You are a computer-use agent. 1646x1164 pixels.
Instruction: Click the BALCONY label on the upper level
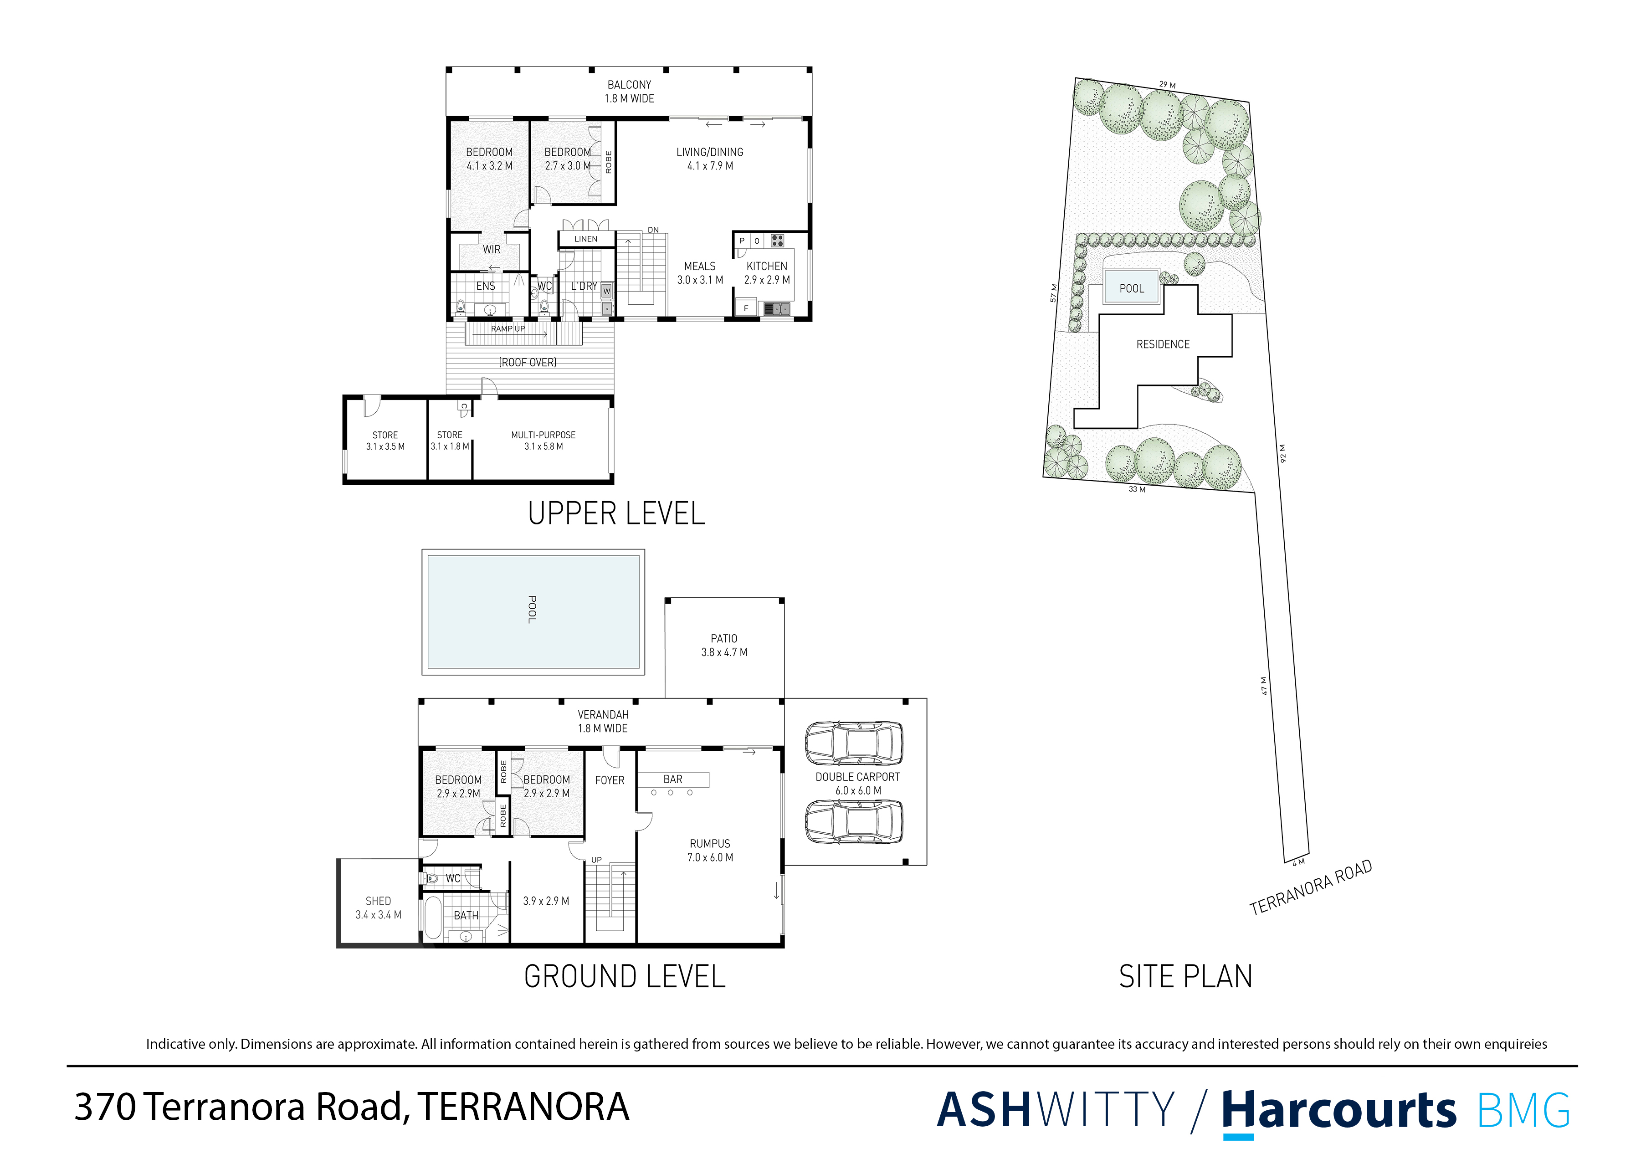(629, 85)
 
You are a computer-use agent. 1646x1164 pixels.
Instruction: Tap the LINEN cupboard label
(586, 239)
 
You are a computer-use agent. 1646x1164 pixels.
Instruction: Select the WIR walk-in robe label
(492, 250)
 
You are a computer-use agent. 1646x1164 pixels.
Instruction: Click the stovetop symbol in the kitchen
(778, 241)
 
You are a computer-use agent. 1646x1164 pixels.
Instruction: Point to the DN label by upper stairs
(653, 230)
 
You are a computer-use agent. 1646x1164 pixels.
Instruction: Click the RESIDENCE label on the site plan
(1162, 345)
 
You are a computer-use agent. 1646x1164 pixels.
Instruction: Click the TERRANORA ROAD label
(1311, 887)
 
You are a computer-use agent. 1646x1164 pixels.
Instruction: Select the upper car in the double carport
(853, 743)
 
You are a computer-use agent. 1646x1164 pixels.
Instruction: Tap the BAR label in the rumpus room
(672, 779)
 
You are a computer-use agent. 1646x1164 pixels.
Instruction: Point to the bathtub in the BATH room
(432, 918)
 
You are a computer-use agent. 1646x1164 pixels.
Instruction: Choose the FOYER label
(610, 780)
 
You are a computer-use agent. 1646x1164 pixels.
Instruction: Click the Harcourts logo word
(1338, 1110)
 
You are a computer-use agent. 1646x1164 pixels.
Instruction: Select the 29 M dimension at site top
(1167, 85)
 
